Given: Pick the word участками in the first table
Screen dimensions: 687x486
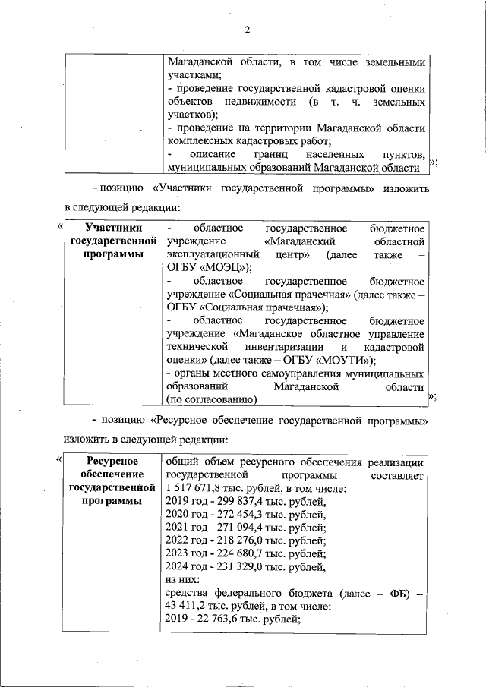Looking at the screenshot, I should point(194,75).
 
